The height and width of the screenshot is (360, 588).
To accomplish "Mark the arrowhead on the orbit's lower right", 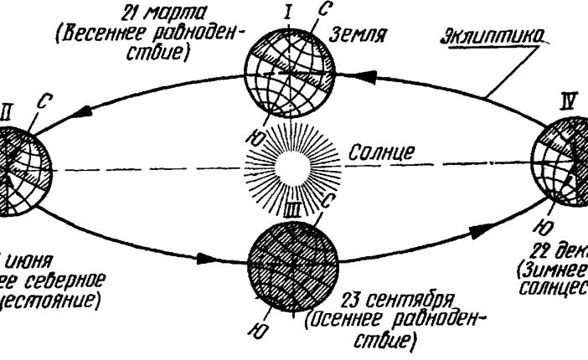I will pos(487,227).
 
